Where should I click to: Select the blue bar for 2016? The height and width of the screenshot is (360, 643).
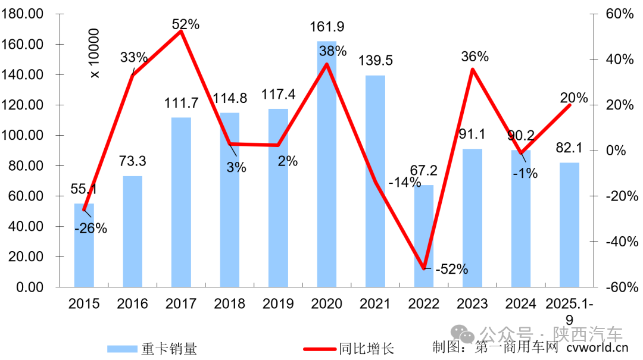tap(133, 231)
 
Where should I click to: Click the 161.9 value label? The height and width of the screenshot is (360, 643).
tap(327, 27)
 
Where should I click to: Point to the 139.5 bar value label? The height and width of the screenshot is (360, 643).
tap(375, 61)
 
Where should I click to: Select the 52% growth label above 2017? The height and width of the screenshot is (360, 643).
tap(185, 24)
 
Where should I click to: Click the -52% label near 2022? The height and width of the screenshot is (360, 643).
tap(451, 269)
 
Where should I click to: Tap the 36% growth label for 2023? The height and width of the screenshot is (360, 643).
tap(475, 57)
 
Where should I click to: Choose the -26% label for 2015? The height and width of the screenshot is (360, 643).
tap(90, 228)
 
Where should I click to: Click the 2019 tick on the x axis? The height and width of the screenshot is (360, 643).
tap(278, 304)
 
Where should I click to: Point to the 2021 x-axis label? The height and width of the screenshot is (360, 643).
tap(375, 304)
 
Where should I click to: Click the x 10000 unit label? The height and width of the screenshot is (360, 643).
tap(94, 53)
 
